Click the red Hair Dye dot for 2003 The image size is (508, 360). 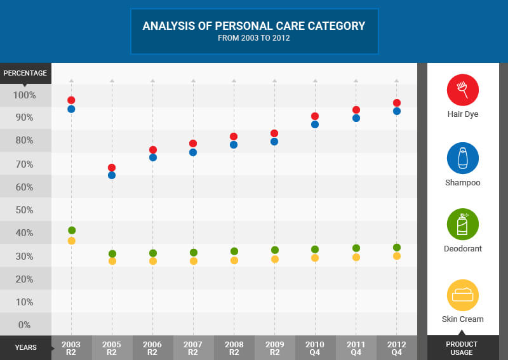pyautogui.click(x=71, y=100)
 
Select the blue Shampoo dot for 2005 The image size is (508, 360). pyautogui.click(x=112, y=175)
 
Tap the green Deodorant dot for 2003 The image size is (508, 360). pyautogui.click(x=72, y=230)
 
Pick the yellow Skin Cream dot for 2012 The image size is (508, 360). pyautogui.click(x=396, y=256)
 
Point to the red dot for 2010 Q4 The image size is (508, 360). pyautogui.click(x=315, y=116)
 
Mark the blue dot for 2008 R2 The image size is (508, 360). pyautogui.click(x=234, y=145)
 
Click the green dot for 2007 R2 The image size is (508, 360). pyautogui.click(x=193, y=253)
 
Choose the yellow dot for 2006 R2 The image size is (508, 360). pyautogui.click(x=152, y=261)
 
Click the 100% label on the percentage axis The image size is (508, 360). pyautogui.click(x=25, y=95)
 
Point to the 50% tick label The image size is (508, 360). pyautogui.click(x=25, y=210)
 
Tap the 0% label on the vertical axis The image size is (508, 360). pyautogui.click(x=25, y=325)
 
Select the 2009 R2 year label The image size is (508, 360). pyautogui.click(x=274, y=348)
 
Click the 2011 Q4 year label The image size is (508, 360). pyautogui.click(x=356, y=348)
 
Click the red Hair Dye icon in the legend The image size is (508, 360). pyautogui.click(x=462, y=90)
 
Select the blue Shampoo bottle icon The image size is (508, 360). pyautogui.click(x=462, y=158)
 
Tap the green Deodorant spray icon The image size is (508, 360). pyautogui.click(x=462, y=224)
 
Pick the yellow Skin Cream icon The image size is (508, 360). pyautogui.click(x=462, y=295)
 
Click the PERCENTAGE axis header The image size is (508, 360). pyautogui.click(x=25, y=73)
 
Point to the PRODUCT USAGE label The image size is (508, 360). pyautogui.click(x=462, y=348)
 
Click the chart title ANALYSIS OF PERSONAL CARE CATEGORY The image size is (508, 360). pyautogui.click(x=254, y=26)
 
